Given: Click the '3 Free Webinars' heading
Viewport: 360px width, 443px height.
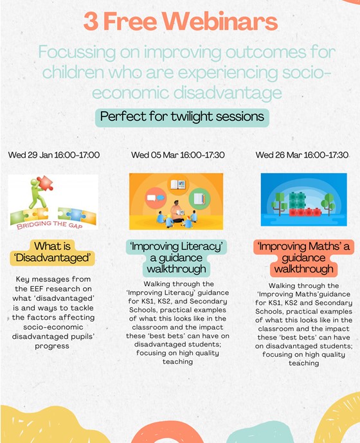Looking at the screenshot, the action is (x=181, y=21).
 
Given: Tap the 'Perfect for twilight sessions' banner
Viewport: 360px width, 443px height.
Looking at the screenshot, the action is (x=182, y=117).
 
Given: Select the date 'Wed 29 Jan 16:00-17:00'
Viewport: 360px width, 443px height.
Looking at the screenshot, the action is (x=54, y=155).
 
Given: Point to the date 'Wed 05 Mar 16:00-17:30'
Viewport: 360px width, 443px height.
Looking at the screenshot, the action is (x=177, y=155).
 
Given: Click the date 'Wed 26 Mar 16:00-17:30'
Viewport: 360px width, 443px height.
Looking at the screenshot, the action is (x=301, y=155).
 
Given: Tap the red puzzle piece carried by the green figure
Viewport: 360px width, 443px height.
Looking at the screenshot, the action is (x=45, y=183).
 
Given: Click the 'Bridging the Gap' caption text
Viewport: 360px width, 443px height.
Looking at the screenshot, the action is (x=50, y=225).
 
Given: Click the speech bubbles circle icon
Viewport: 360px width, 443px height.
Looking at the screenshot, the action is (x=156, y=198).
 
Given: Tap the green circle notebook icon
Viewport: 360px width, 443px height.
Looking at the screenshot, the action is (x=199, y=199).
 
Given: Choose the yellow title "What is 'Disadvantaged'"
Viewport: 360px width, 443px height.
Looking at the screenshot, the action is (x=52, y=252).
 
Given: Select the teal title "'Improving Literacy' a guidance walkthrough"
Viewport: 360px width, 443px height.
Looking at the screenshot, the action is (x=176, y=258).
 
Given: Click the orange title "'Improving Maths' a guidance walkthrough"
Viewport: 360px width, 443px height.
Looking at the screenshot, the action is (x=304, y=258).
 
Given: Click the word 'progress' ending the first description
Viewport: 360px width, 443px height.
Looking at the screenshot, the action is (x=52, y=346).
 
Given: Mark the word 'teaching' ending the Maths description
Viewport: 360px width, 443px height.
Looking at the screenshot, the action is (x=304, y=363).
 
